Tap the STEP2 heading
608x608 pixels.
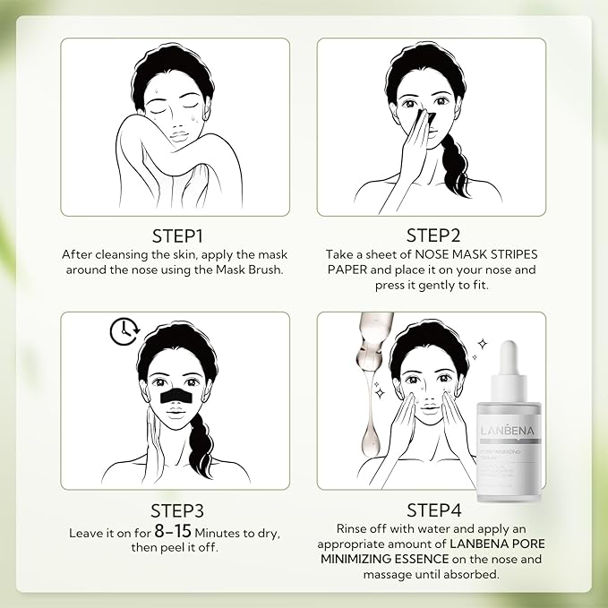point(432,235)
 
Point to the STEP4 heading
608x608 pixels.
point(432,510)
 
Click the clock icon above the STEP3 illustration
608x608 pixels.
point(121,331)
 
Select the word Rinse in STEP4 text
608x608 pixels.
point(355,529)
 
